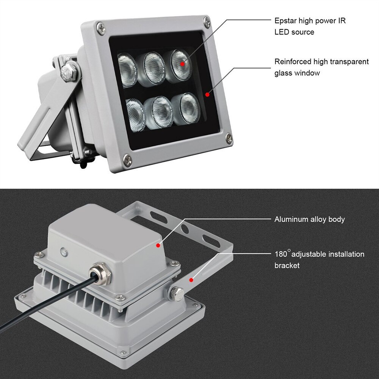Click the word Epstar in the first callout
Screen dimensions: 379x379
click(x=285, y=21)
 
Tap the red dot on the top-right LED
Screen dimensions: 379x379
click(x=182, y=64)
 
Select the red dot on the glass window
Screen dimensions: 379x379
click(x=207, y=94)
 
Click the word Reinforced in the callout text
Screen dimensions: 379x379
click(x=293, y=62)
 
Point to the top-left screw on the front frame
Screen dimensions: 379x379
click(x=100, y=27)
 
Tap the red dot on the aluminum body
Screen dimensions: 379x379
click(x=158, y=246)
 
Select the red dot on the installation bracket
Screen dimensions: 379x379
click(x=192, y=280)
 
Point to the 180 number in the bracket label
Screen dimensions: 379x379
click(x=281, y=254)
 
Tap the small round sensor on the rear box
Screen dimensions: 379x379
click(x=63, y=251)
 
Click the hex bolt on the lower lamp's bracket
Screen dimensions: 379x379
click(x=177, y=293)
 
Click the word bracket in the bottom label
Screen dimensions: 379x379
click(x=287, y=266)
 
